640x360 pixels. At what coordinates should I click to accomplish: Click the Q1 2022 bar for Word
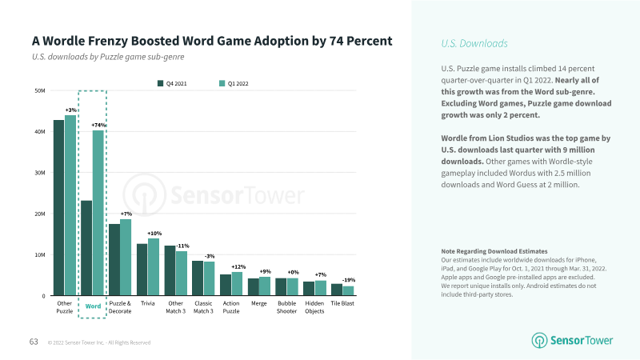pyautogui.click(x=98, y=213)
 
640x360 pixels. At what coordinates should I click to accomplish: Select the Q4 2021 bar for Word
pyautogui.click(x=86, y=248)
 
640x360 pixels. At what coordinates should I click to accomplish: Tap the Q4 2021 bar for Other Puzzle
pyautogui.click(x=58, y=208)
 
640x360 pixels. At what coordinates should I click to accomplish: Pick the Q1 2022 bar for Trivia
pyautogui.click(x=154, y=267)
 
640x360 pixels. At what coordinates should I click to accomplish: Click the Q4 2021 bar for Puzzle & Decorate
pyautogui.click(x=114, y=259)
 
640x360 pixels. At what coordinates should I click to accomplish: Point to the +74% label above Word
pyautogui.click(x=98, y=125)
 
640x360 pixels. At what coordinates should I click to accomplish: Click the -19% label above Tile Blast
pyautogui.click(x=349, y=280)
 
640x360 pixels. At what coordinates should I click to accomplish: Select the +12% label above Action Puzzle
pyautogui.click(x=238, y=267)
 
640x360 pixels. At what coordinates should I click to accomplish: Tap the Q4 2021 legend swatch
pyautogui.click(x=161, y=83)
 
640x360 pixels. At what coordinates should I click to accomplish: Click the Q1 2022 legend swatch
pyautogui.click(x=222, y=83)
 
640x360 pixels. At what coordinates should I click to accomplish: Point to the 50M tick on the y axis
pyautogui.click(x=40, y=90)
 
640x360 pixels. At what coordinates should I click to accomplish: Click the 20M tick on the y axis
pyautogui.click(x=40, y=214)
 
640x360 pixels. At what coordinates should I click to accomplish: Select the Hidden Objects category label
pyautogui.click(x=314, y=307)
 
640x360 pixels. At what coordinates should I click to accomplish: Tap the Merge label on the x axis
pyautogui.click(x=258, y=303)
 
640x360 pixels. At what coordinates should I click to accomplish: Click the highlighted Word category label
pyautogui.click(x=93, y=306)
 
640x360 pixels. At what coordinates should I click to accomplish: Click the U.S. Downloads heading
pyautogui.click(x=474, y=43)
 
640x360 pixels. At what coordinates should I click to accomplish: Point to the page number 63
pyautogui.click(x=34, y=342)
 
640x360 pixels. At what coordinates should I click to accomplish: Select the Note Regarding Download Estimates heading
pyautogui.click(x=494, y=251)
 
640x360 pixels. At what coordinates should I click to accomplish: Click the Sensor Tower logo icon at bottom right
pyautogui.click(x=539, y=341)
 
